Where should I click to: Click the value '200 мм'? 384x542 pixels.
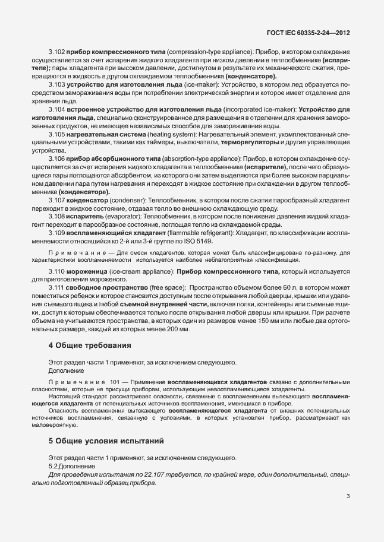178,329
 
